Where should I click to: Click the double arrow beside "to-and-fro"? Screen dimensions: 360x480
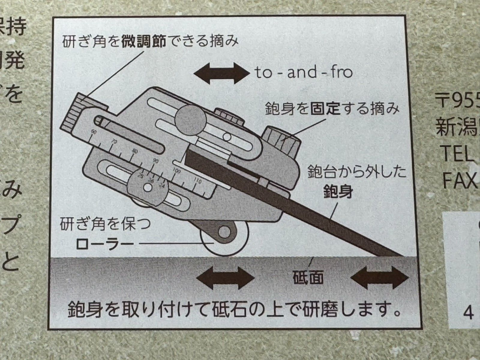pyautogui.click(x=221, y=73)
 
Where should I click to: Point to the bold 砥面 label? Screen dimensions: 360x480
pyautogui.click(x=307, y=277)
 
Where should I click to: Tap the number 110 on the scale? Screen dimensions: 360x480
pyautogui.click(x=197, y=181)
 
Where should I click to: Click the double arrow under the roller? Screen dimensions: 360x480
pyautogui.click(x=225, y=278)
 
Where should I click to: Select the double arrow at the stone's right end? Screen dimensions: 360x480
pyautogui.click(x=379, y=278)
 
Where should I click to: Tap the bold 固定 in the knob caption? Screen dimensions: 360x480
pyautogui.click(x=327, y=109)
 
